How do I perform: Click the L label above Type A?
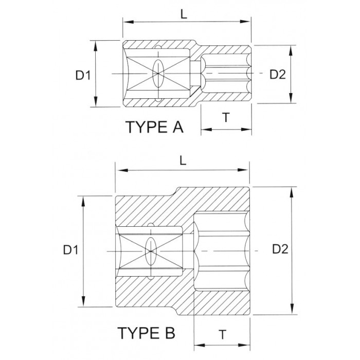point(184,14)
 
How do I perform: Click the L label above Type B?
point(183,160)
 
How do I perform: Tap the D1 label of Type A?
point(83,75)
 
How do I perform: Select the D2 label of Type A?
point(278,75)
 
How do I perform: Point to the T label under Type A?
point(226,117)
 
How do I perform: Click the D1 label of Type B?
point(71,250)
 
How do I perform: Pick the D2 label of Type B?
point(280,249)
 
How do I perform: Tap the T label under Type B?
point(222,334)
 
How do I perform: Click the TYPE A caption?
point(154,127)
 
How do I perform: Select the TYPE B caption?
point(147,333)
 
